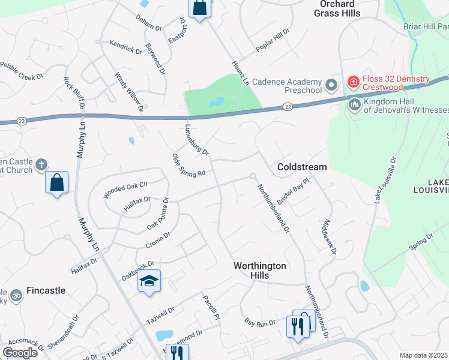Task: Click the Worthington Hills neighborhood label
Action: (x=260, y=270)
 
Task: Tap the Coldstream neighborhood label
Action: (x=302, y=167)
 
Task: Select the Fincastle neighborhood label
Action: (x=44, y=290)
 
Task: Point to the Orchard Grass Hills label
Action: (x=337, y=8)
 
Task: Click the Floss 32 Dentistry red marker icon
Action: (x=353, y=82)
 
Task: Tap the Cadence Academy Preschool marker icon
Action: (x=330, y=83)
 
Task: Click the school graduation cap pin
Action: (x=149, y=280)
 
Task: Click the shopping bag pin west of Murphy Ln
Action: (x=56, y=182)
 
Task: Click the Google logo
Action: (x=20, y=352)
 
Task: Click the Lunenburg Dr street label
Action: (x=196, y=141)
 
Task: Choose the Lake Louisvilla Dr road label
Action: (x=385, y=181)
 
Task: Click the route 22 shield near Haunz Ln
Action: (x=288, y=107)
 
